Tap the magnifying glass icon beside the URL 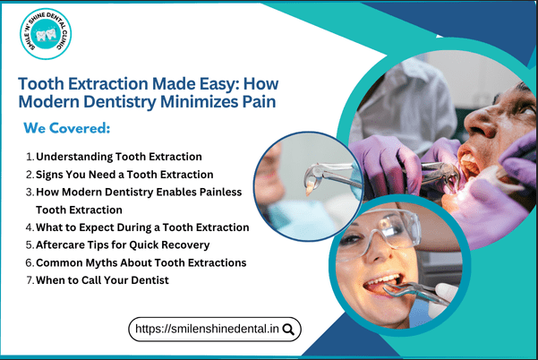point(288,329)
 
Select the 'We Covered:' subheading point(67,129)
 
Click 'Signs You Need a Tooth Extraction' point(124,174)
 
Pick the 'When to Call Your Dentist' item point(102,280)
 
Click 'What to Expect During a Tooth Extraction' point(142,227)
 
